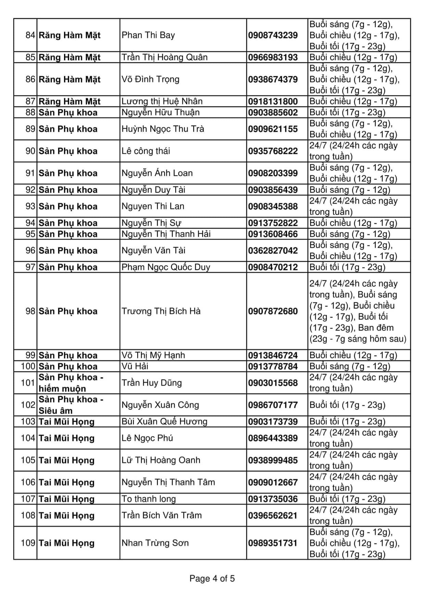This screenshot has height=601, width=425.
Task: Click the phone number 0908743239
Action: pos(273,35)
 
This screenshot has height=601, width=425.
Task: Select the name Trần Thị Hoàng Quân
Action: pos(165,57)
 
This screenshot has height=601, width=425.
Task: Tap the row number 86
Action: pos(30,79)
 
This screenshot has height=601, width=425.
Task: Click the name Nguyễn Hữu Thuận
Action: pos(160,113)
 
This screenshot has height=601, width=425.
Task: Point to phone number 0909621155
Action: pos(273,129)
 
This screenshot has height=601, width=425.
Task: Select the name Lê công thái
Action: pos(146,151)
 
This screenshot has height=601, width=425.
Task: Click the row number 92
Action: pos(30,190)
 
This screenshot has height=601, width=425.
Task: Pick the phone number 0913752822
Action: pos(273,223)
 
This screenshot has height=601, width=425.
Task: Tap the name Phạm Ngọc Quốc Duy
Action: pos(166,267)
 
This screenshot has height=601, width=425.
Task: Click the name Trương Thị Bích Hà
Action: pos(161,311)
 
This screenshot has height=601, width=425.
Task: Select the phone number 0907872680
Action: pos(273,311)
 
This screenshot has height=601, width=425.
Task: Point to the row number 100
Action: pos(28,367)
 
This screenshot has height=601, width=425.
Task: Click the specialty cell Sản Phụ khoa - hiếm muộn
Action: pos(71,383)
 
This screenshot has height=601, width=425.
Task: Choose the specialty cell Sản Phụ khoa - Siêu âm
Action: pos(71,405)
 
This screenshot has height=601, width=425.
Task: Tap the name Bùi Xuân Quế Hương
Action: pos(164,422)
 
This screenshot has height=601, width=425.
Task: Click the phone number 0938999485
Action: pos(273,460)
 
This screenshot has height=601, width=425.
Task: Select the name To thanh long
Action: pos(149,499)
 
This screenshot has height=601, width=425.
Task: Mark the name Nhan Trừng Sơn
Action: pos(155,543)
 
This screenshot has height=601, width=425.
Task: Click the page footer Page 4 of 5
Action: pos(212,579)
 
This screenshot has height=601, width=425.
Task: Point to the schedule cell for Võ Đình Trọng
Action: pos(355,79)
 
